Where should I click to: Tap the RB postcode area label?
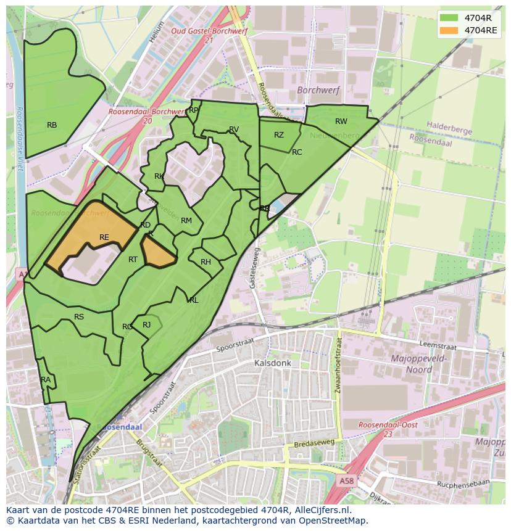point(52,125)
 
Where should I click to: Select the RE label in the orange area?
point(104,237)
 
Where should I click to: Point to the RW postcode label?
point(341,121)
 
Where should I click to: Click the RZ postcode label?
point(279,135)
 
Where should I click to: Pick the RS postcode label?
point(79,317)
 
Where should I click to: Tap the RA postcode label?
point(46,380)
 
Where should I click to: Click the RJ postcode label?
point(147,325)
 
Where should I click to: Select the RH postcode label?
point(206,262)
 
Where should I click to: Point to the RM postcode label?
point(186,221)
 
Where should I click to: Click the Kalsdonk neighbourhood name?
point(272,363)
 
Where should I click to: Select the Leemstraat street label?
point(436,347)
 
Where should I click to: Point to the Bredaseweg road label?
point(314,443)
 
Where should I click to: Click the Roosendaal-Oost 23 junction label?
point(388,429)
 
